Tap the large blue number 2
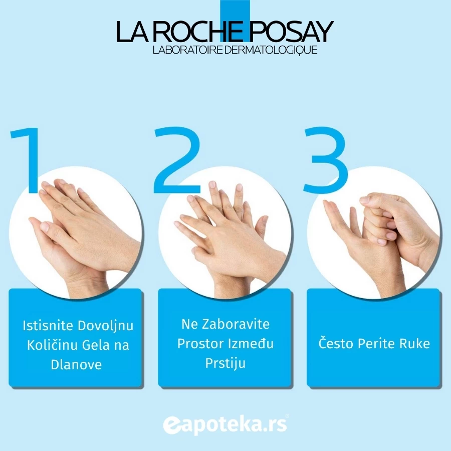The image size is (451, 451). click(176, 160)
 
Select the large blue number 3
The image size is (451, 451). click(326, 160)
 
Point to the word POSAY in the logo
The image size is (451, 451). click(291, 32)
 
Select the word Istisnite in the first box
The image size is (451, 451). click(48, 326)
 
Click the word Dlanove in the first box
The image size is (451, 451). click(76, 364)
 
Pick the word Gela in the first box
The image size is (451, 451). click(97, 345)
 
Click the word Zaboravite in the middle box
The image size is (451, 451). click(236, 324)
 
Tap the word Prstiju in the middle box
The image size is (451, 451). click(225, 363)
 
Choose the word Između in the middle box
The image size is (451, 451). click(251, 343)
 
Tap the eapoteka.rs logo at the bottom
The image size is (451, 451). click(225, 424)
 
